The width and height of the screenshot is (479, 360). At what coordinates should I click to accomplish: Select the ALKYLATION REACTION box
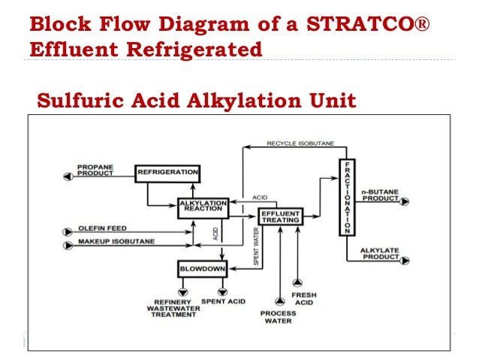click(x=203, y=207)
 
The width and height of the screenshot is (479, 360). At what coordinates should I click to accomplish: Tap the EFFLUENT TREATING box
click(x=280, y=217)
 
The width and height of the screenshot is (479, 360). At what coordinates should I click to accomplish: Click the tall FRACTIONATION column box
click(x=346, y=198)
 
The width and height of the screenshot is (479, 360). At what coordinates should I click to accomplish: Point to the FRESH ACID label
click(x=304, y=299)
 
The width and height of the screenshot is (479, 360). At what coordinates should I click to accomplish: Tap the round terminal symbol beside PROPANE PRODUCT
click(x=68, y=176)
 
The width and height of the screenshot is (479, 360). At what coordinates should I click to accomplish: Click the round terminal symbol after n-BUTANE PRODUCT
click(x=405, y=202)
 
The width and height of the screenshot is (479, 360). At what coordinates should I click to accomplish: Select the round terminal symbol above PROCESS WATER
click(x=280, y=301)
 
